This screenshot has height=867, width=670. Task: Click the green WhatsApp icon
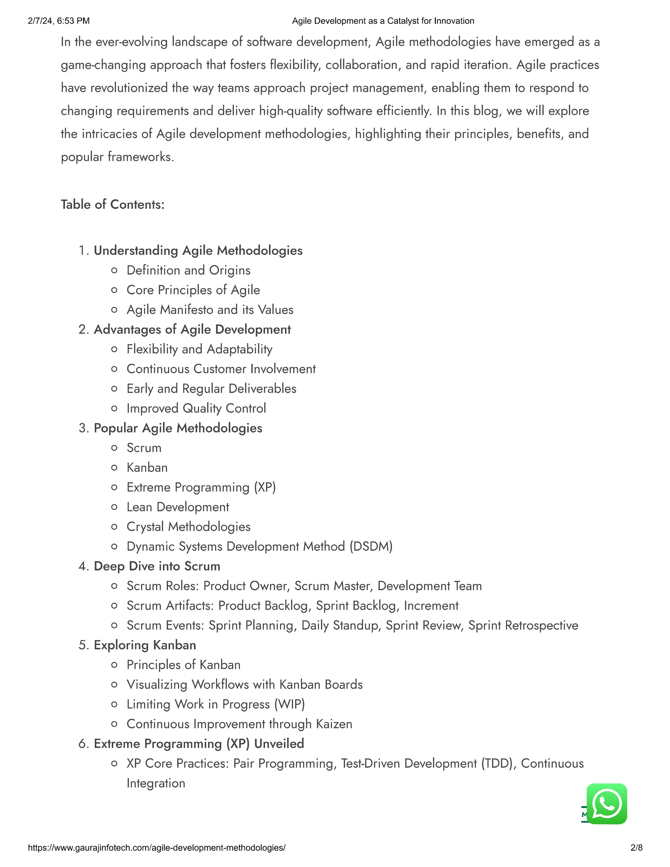pyautogui.click(x=607, y=804)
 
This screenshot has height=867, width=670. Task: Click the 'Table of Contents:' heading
pyautogui.click(x=112, y=204)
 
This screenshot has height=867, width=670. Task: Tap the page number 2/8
pyautogui.click(x=636, y=848)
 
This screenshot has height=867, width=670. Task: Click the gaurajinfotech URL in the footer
pyautogui.click(x=156, y=848)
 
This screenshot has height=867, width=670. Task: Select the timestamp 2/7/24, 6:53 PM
pyautogui.click(x=59, y=21)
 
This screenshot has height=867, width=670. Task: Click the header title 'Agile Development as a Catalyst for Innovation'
pyautogui.click(x=383, y=21)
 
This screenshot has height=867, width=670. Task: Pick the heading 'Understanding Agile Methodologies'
pyautogui.click(x=198, y=251)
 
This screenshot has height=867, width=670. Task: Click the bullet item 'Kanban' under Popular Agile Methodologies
pyautogui.click(x=147, y=468)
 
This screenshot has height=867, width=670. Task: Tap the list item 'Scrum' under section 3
pyautogui.click(x=144, y=448)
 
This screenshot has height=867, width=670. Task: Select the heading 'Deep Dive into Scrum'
pyautogui.click(x=157, y=566)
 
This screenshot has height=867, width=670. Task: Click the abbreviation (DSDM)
pyautogui.click(x=371, y=547)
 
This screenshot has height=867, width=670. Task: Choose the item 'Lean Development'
pyautogui.click(x=177, y=507)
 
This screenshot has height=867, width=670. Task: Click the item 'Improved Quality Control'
pyautogui.click(x=196, y=409)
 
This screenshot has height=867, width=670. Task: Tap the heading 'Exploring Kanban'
pyautogui.click(x=145, y=645)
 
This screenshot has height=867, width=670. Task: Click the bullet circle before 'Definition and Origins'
pyautogui.click(x=114, y=270)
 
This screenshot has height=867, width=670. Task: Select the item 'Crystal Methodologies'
pyautogui.click(x=188, y=527)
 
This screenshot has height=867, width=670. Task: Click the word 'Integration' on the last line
pyautogui.click(x=156, y=783)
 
